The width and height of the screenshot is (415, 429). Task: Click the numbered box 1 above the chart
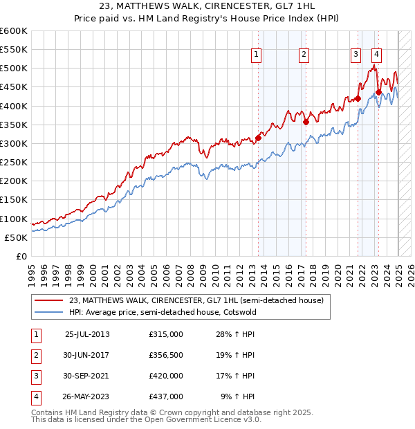(x=257, y=55)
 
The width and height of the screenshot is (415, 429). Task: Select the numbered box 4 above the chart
(x=376, y=55)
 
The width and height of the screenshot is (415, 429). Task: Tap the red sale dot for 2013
(x=258, y=138)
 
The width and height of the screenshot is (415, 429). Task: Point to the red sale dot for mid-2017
(x=306, y=122)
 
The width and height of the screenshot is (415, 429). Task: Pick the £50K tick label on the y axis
(x=17, y=237)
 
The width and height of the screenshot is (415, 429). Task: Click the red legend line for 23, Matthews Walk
(x=48, y=300)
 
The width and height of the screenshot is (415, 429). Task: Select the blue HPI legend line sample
(x=48, y=313)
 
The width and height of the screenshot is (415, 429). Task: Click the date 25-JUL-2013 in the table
(x=87, y=334)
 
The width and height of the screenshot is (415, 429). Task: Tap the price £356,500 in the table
(x=166, y=355)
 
